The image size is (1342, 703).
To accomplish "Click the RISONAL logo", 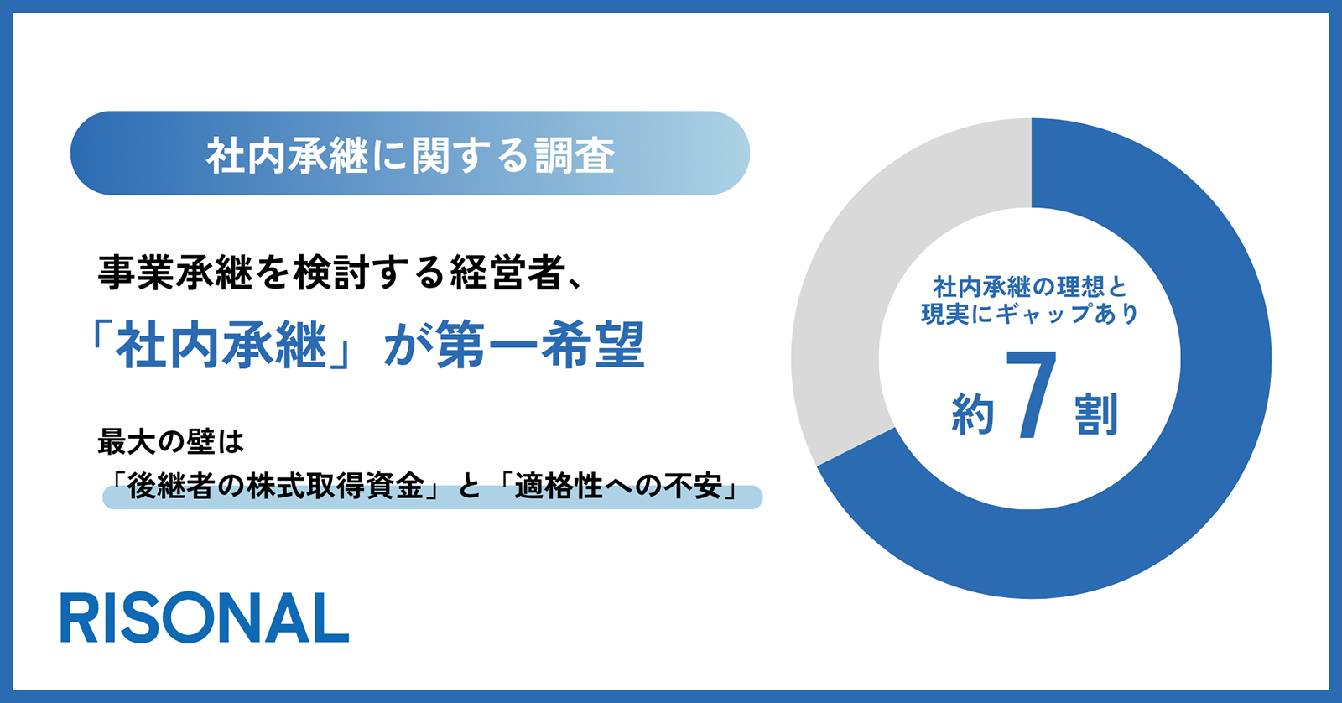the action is click(205, 618).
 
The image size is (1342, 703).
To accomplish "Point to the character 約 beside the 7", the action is click(973, 414).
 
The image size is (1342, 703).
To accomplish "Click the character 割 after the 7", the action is click(1096, 414).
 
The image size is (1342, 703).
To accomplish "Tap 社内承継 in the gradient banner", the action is click(286, 156).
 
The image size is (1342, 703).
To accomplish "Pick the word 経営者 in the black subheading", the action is click(508, 273).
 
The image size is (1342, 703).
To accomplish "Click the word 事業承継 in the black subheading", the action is click(175, 273).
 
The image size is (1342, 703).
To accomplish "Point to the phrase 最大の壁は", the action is click(171, 442).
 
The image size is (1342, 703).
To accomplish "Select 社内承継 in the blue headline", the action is click(221, 345).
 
